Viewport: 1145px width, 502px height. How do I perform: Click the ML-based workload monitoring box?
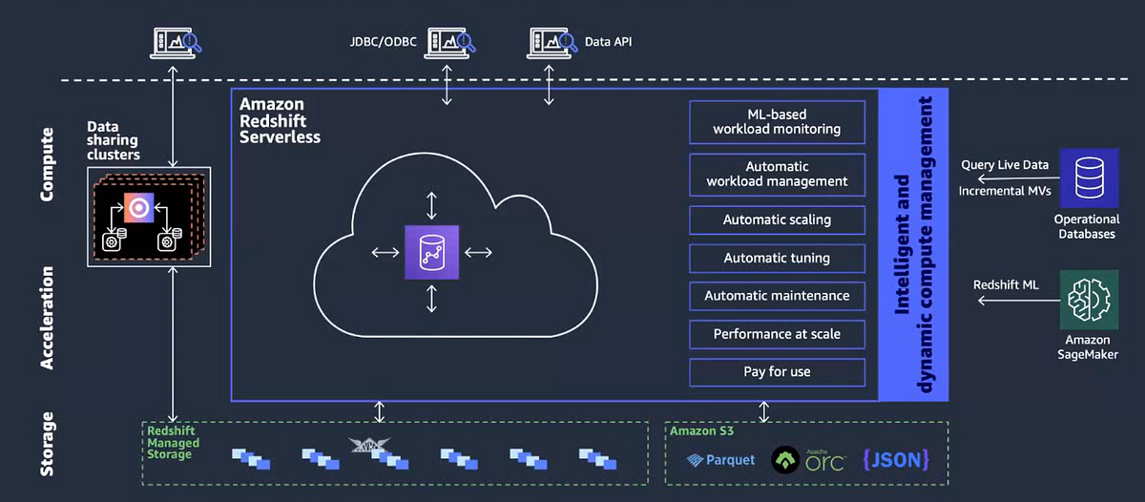coord(777,122)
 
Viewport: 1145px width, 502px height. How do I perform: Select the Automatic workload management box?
coord(777,174)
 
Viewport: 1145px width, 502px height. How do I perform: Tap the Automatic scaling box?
coord(777,220)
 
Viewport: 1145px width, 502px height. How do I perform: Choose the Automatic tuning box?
coord(777,258)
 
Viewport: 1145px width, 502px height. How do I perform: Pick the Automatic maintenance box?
coord(777,296)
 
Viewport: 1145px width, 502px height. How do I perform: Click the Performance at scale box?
coord(777,334)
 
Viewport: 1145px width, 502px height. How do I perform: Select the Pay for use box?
coord(777,371)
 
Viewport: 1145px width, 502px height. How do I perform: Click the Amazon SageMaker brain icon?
coord(1089,299)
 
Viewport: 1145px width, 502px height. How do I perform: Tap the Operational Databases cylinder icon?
coord(1089,178)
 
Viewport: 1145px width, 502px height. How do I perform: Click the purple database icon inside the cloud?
coord(431,252)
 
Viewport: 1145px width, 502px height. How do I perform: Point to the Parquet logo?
coord(721,460)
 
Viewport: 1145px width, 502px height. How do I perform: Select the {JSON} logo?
coord(895,459)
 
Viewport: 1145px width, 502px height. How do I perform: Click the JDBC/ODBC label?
coord(384,42)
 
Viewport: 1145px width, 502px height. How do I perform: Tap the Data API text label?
coord(608,42)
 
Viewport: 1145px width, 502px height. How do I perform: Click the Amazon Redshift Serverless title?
coord(280,120)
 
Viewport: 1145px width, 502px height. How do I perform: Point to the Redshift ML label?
coord(1006,284)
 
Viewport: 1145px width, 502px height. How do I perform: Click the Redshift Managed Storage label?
coord(173,443)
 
